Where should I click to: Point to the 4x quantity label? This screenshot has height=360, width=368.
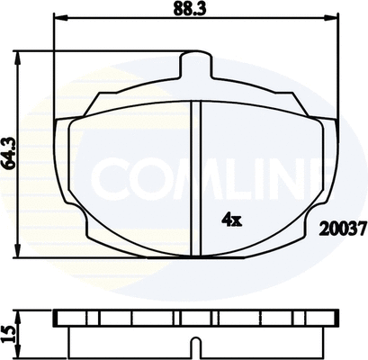tap(230, 218)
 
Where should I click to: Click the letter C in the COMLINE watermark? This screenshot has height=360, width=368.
tap(112, 180)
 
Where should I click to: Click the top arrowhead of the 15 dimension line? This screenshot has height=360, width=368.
tap(22, 313)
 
